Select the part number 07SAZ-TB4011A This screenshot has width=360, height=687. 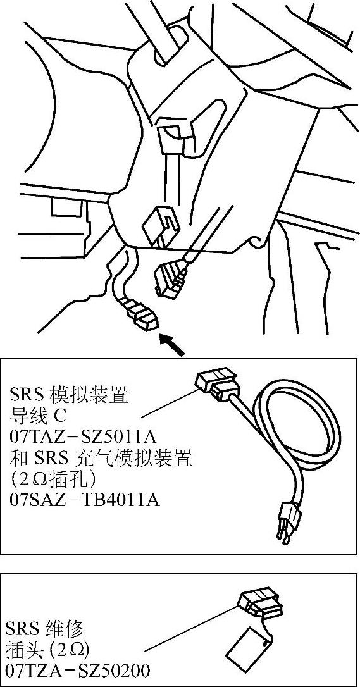tap(84, 500)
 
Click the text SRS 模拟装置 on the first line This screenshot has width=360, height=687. tap(69, 395)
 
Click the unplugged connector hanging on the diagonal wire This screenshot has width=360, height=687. tap(171, 278)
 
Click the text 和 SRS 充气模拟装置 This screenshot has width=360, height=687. tap(101, 459)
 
